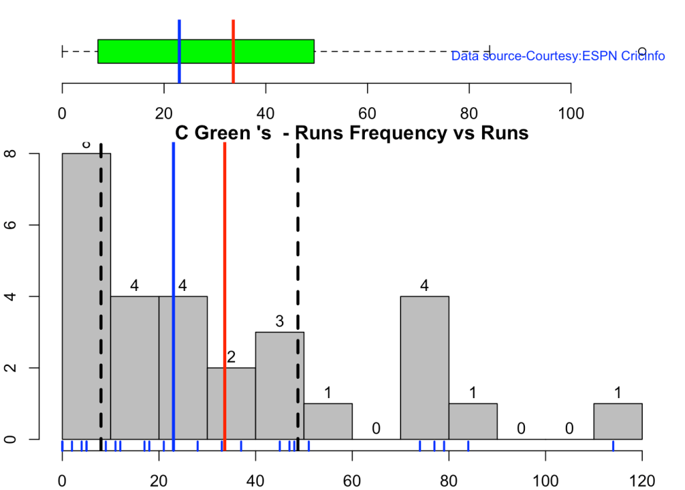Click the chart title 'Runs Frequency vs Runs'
point(352,133)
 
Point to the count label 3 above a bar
point(280,322)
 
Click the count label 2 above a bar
point(232,358)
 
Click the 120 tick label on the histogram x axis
point(641,481)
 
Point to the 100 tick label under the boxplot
point(570,113)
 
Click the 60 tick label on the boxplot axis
point(367,113)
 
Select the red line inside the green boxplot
point(233,51)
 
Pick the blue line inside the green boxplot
point(179,51)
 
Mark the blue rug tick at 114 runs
point(613,446)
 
